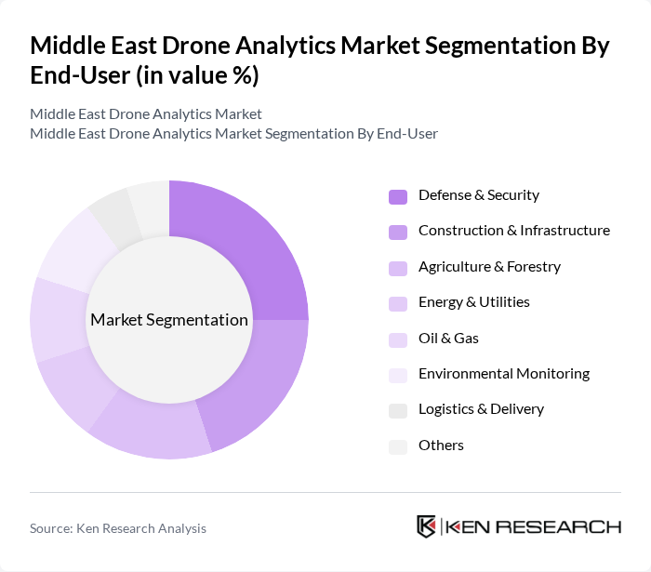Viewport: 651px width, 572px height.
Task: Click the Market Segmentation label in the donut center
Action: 169,320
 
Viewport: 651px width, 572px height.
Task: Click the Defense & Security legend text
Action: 478,195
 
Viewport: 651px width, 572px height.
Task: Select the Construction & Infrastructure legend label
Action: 513,231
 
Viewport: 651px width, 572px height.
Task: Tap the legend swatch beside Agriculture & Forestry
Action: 398,268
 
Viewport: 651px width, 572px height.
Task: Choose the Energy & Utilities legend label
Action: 473,302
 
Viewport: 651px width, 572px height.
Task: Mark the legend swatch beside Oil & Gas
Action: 398,339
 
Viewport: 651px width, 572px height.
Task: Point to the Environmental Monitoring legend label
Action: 503,374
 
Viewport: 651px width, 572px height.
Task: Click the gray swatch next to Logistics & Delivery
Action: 398,410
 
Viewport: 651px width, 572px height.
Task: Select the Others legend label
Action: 441,446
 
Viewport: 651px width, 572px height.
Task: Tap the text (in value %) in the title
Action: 197,76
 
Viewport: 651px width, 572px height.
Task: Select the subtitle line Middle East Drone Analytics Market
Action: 146,114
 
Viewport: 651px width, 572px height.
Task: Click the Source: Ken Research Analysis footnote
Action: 118,528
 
